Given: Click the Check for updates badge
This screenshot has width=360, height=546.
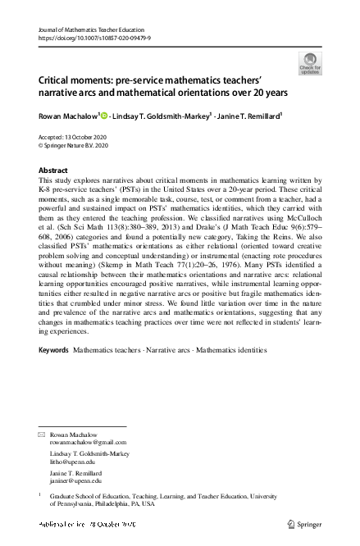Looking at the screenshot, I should pyautogui.click(x=311, y=63).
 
